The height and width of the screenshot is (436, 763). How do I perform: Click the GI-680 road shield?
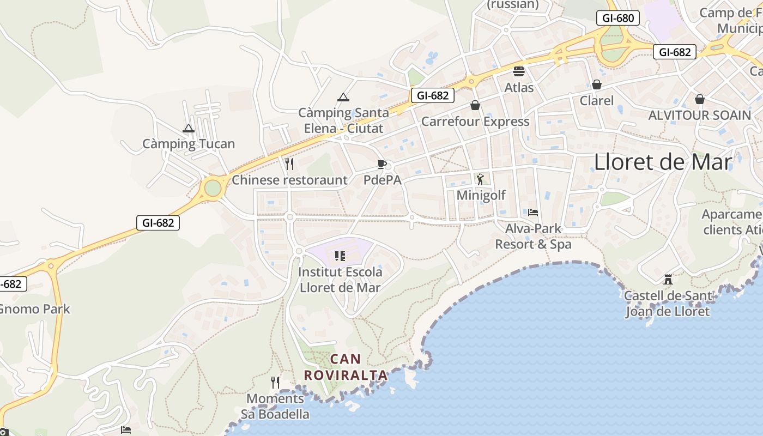tap(617, 18)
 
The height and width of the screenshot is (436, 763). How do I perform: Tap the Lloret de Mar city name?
tap(663, 162)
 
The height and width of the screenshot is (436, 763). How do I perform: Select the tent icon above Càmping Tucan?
tap(189, 129)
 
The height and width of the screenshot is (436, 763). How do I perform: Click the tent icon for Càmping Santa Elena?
tap(343, 98)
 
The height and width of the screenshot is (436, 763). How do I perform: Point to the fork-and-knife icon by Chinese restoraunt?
tap(289, 163)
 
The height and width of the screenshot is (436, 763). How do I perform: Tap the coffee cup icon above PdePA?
tap(382, 164)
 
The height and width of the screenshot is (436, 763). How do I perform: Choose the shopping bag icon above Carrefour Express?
tap(475, 105)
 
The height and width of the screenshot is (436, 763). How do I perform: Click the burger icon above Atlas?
tap(518, 71)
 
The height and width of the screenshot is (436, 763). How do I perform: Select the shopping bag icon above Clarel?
tap(597, 84)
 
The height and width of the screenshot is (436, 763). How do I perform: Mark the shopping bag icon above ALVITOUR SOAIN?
tap(700, 99)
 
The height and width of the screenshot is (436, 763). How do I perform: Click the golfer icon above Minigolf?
tap(480, 179)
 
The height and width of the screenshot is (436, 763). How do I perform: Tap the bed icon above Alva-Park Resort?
tap(533, 212)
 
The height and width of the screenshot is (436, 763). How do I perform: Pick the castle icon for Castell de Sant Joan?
tap(668, 280)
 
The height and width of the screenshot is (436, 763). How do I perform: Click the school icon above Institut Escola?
tap(340, 256)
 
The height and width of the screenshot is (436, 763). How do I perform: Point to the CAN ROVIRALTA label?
tap(346, 367)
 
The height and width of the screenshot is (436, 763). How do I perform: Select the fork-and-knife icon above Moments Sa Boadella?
tap(275, 382)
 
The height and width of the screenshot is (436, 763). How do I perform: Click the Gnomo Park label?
tap(34, 309)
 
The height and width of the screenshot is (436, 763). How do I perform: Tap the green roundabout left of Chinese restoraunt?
tap(213, 188)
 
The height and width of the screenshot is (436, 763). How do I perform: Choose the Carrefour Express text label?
tap(475, 121)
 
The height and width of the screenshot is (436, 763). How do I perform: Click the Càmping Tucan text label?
tap(189, 144)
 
